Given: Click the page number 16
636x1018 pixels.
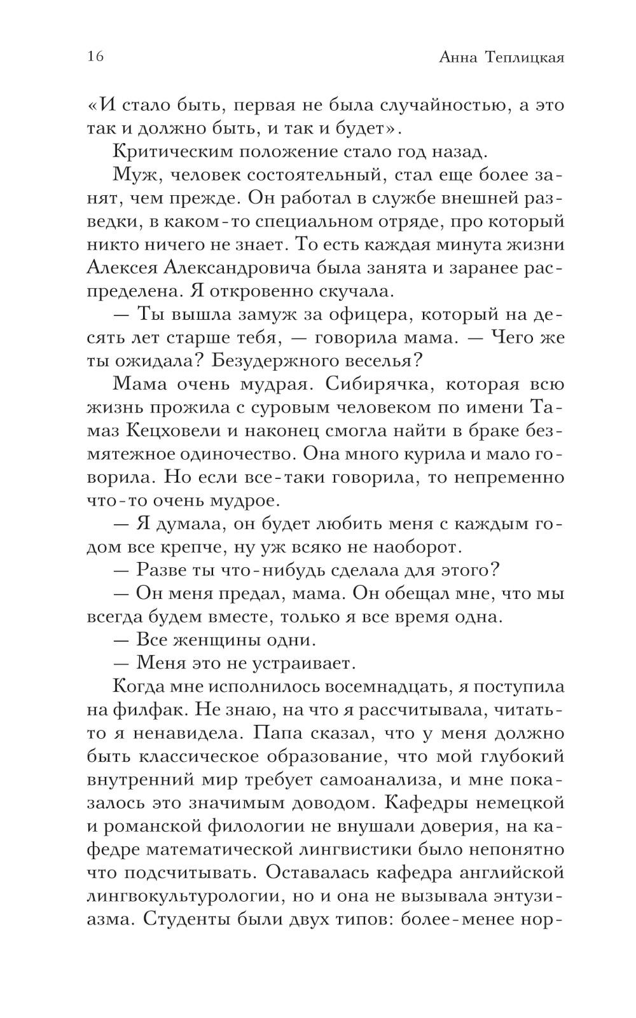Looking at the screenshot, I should (95, 57).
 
